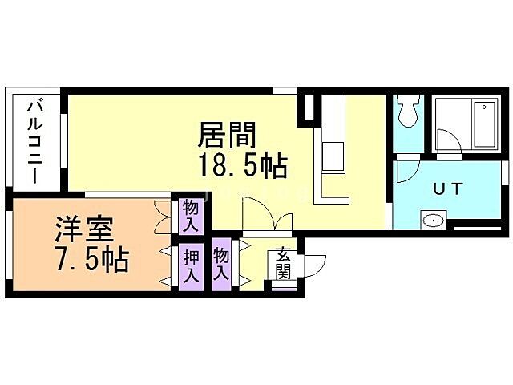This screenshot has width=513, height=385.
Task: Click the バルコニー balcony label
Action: (x=36, y=140)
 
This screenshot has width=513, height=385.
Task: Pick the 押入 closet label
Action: (x=192, y=266)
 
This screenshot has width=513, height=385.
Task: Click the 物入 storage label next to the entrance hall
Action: (x=222, y=263)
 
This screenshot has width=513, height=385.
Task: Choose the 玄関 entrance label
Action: (x=283, y=264)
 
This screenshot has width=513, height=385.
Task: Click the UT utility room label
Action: (x=446, y=189)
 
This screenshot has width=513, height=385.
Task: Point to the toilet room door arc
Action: (x=406, y=169)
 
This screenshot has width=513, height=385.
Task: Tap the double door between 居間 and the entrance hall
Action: (x=265, y=215)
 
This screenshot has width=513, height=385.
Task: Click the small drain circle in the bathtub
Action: (x=486, y=107)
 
